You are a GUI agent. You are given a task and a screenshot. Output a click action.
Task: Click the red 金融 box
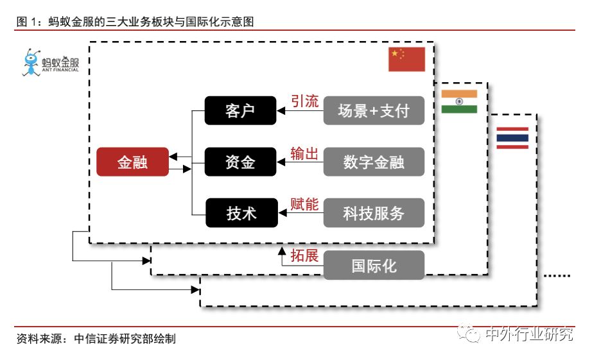[x=132, y=162]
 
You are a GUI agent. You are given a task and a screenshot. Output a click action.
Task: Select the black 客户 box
[x=240, y=111]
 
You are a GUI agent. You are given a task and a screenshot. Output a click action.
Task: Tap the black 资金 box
[x=240, y=162]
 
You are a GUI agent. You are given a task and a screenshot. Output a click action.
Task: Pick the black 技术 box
[x=240, y=213]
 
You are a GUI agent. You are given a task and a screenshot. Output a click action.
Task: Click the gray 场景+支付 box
[x=374, y=111]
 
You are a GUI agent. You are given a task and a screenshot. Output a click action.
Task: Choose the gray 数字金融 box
[x=374, y=162]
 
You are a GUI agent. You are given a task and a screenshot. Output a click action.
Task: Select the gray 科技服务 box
[x=374, y=213]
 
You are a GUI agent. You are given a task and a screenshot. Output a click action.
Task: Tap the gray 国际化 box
[x=374, y=265]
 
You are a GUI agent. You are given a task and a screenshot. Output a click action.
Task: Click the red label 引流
[x=304, y=101]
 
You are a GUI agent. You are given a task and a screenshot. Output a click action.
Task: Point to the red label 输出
[x=304, y=153]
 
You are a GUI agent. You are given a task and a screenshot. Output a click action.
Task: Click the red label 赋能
[x=304, y=205]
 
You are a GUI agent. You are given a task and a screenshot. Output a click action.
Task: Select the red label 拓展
[x=304, y=255]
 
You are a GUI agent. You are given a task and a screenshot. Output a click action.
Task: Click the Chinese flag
[x=406, y=59]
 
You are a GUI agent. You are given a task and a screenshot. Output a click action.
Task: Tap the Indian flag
[x=459, y=101]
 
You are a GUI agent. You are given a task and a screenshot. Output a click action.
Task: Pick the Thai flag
[x=512, y=138]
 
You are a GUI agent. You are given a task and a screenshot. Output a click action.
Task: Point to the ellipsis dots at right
[x=557, y=275]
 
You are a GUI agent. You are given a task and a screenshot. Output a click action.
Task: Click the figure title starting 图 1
[x=135, y=22]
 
